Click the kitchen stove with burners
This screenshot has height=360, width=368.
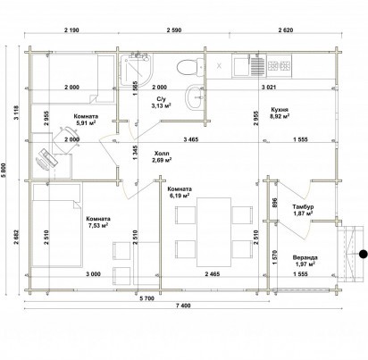point(279,66)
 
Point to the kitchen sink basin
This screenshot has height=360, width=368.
point(241,66)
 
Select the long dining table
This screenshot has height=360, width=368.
point(213,232)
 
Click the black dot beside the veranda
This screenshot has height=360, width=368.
point(363,254)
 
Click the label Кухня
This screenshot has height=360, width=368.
point(280,109)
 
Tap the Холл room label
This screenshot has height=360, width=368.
point(162,154)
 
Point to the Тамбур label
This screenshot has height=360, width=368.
point(303,206)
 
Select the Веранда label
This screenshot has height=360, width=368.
point(305,257)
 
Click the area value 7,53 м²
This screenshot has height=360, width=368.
point(97,225)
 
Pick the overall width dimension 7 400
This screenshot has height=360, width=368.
point(183,306)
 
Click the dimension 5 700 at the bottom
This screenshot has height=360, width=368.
point(146,298)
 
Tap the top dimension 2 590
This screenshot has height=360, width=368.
point(174,30)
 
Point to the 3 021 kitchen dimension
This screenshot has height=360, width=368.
point(269,88)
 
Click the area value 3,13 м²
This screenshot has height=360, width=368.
point(162,105)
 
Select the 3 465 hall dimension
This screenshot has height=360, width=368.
point(191,139)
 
